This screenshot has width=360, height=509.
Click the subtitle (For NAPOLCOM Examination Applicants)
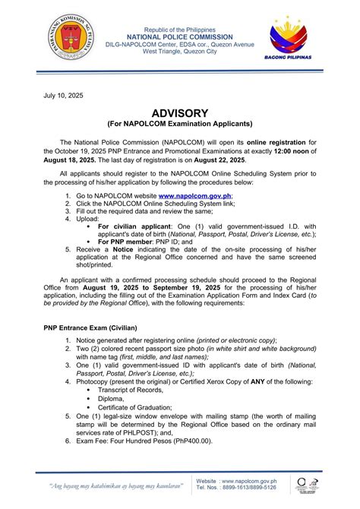pos(178,124)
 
